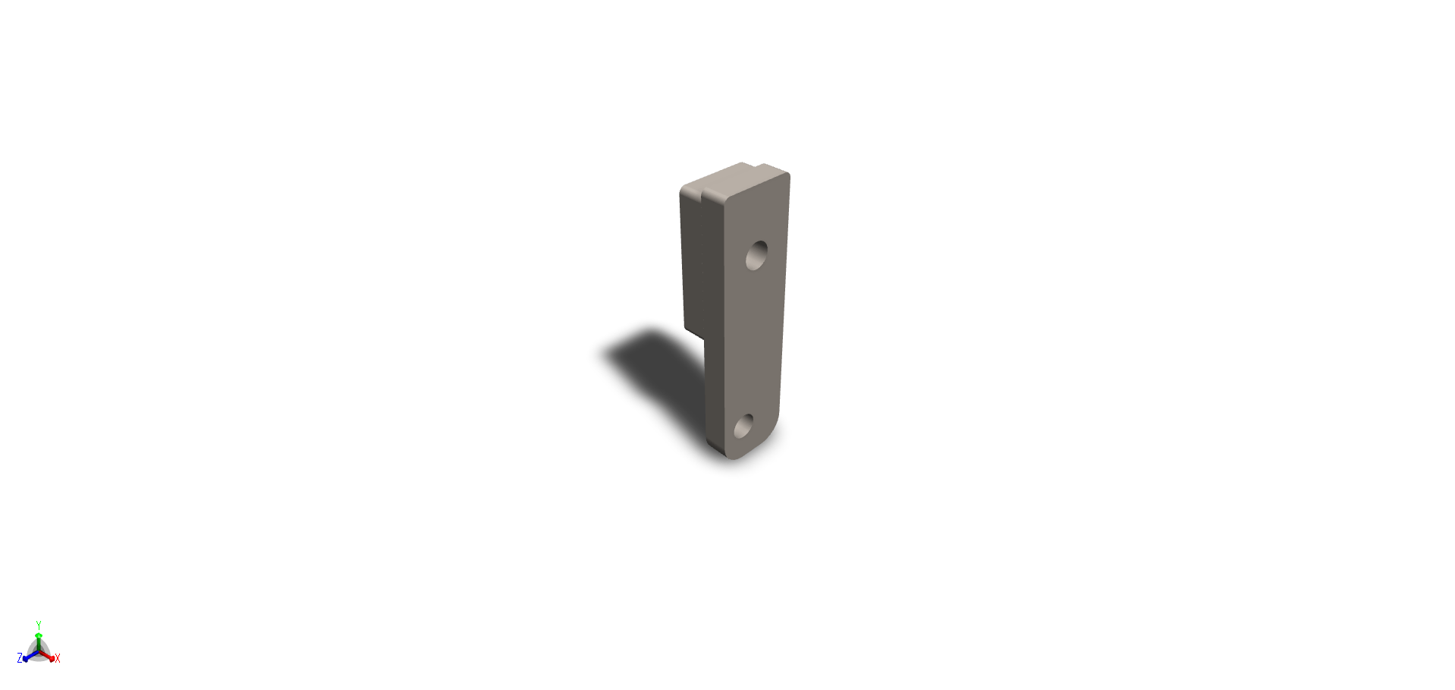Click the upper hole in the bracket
tap(756, 255)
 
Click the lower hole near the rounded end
tap(744, 426)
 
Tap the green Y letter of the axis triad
tap(39, 625)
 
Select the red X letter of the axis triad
tap(58, 658)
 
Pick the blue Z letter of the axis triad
tap(20, 658)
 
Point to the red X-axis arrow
tap(49, 657)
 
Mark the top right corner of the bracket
tap(787, 175)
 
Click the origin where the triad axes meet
tap(39, 651)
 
